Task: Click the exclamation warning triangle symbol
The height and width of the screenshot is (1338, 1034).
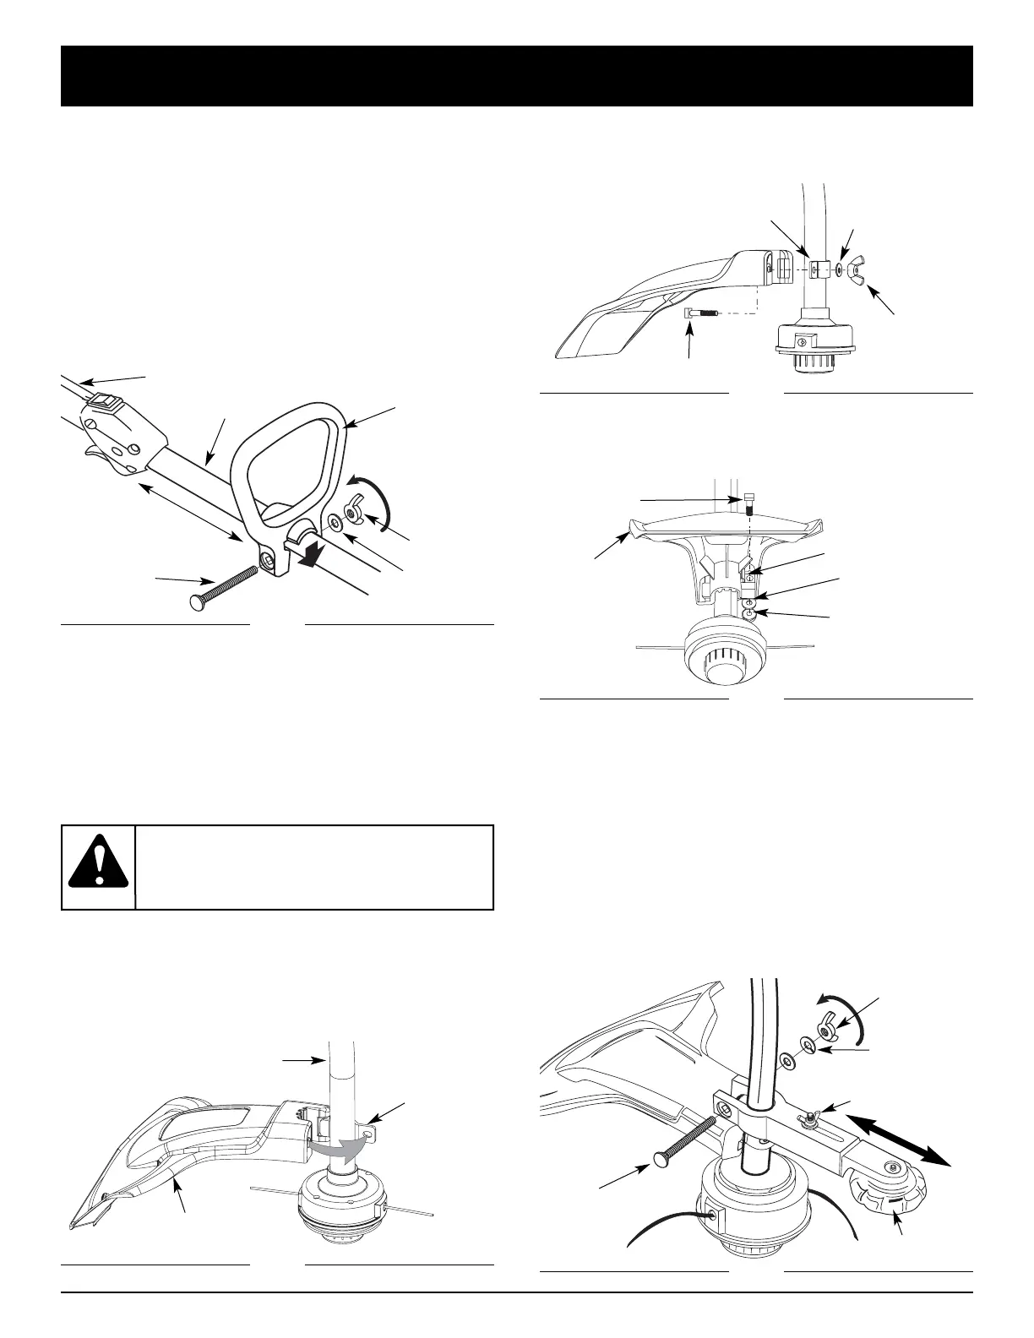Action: pyautogui.click(x=99, y=867)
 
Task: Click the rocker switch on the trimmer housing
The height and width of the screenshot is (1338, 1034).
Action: pyautogui.click(x=106, y=404)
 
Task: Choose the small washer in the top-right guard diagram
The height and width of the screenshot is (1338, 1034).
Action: pyautogui.click(x=837, y=269)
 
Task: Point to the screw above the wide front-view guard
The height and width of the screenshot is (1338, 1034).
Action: pyautogui.click(x=749, y=503)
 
